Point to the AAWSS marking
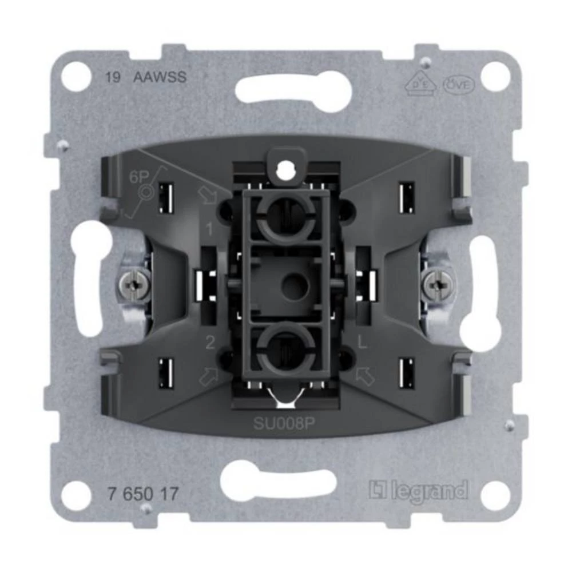tap(160, 78)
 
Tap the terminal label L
tap(361, 344)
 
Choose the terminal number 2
tap(210, 344)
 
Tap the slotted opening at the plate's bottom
tap(285, 478)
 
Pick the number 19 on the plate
tap(113, 78)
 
